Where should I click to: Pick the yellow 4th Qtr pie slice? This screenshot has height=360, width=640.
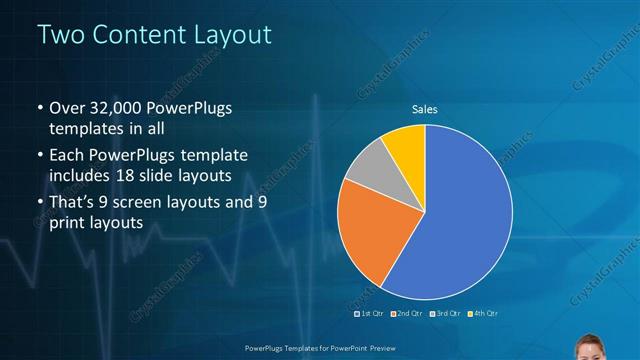tap(407, 144)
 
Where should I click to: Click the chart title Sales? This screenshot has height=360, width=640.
tap(425, 109)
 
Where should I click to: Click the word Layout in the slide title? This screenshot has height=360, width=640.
tap(229, 36)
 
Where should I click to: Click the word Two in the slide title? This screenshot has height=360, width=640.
tap(58, 36)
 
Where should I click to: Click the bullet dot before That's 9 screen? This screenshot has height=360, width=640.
tap(39, 204)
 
